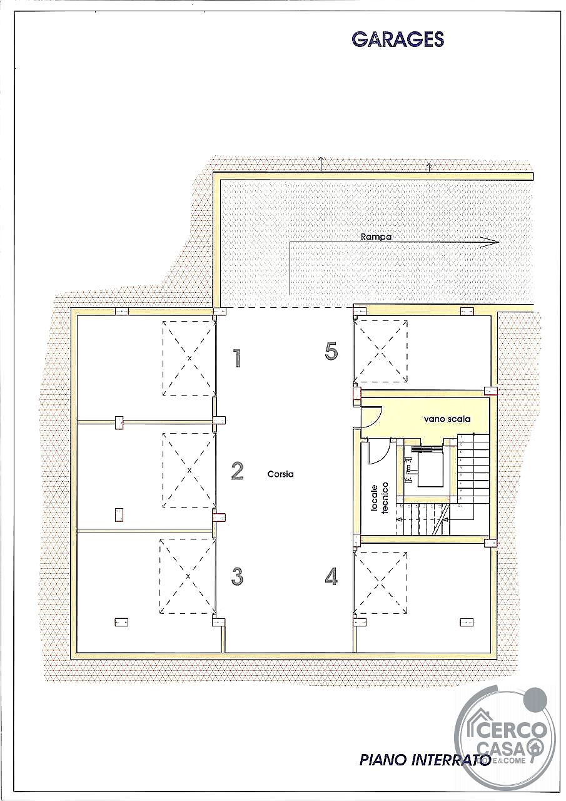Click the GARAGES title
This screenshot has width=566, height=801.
point(398,39)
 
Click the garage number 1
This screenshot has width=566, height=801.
point(236,359)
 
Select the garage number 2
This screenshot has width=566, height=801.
point(237,471)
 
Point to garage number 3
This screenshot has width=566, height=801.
point(237,576)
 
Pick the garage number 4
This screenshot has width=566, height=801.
point(331,576)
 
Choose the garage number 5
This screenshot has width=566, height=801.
point(331,351)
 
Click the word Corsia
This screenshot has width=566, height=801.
point(281,474)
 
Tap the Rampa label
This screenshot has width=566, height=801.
point(376,237)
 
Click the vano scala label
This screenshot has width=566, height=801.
point(447,419)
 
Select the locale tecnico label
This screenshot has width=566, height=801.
point(380,498)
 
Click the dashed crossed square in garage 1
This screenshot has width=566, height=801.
point(190,358)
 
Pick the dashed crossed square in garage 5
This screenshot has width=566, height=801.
point(380,351)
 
